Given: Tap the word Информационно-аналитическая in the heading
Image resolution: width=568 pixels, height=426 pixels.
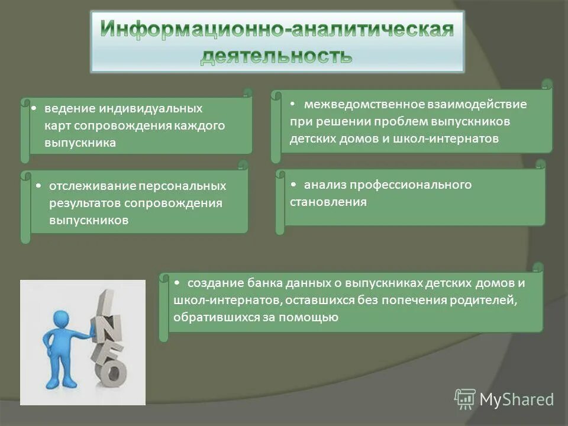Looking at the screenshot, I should coord(276,30).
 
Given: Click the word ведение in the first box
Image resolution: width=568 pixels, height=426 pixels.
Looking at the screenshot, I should coord(71,109).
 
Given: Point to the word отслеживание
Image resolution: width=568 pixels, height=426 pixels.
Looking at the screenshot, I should coord(92,186).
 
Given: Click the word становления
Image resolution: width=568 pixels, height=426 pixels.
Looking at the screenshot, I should coord(328,202).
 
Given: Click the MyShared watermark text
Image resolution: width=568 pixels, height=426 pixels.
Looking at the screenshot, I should coord(517,399).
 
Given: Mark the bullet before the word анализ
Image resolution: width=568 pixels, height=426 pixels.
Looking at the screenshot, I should coord(294,185).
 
